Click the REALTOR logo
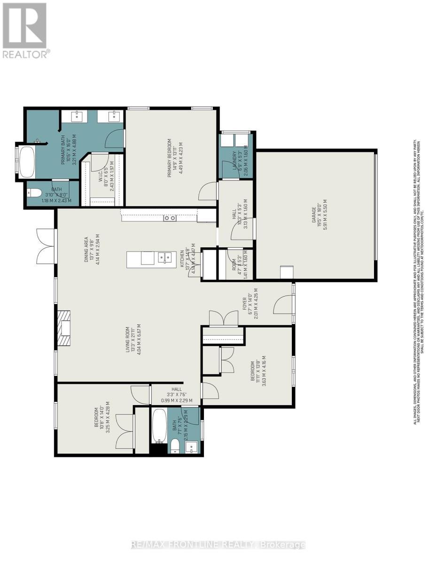coord(24,30)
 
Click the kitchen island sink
coord(164,258)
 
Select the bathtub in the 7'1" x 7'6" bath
coord(159,426)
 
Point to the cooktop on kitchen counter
coord(170,218)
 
